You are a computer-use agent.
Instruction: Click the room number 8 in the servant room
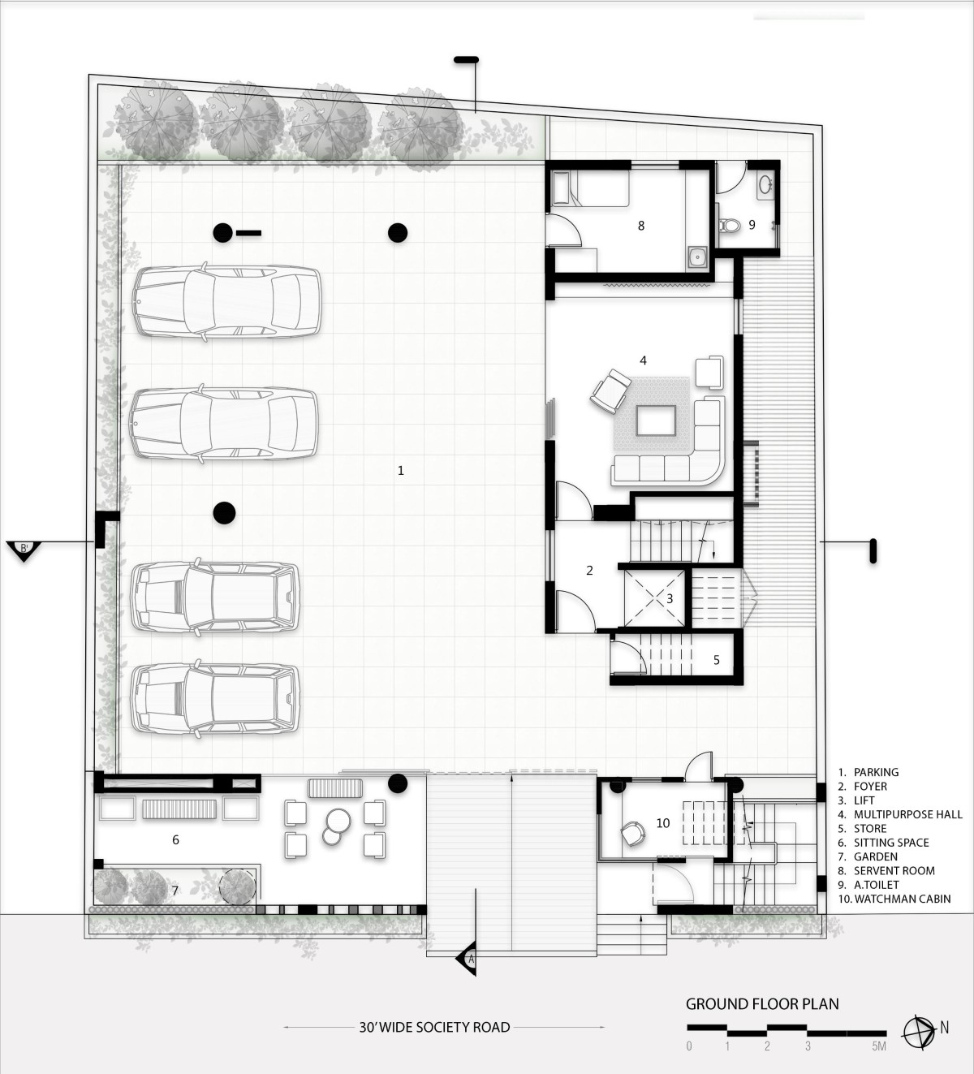[641, 226]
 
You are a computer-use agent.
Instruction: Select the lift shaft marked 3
[654, 597]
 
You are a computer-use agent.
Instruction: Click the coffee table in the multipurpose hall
[655, 421]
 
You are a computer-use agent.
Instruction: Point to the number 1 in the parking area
[400, 471]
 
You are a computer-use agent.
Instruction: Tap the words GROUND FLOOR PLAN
[762, 1004]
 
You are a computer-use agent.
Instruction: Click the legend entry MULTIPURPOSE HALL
[907, 814]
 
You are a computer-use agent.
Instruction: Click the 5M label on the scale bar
[879, 1046]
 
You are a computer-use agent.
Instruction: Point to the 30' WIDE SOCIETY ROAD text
[434, 1028]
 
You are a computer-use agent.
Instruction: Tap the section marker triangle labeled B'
[24, 550]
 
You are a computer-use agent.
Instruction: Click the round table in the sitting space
[338, 819]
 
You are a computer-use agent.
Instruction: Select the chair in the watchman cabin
[632, 833]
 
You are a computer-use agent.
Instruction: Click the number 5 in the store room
[717, 660]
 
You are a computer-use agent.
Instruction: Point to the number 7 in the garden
[175, 891]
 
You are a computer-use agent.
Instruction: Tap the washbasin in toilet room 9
[765, 185]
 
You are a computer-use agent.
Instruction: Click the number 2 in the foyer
[589, 571]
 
